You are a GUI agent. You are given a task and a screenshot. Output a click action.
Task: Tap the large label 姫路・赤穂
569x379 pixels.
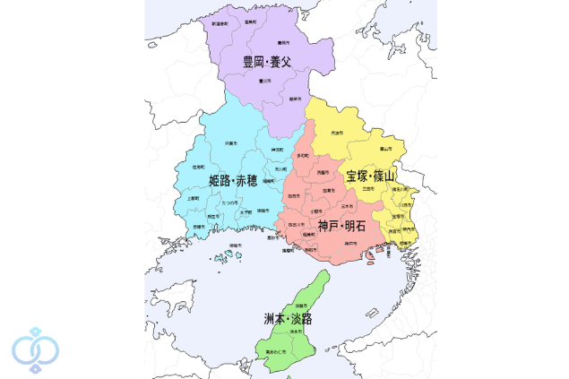tap(233, 181)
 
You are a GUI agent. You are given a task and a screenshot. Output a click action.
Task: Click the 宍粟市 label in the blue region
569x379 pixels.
tap(230, 143)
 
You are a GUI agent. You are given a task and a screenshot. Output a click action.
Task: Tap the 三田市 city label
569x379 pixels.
tap(367, 189)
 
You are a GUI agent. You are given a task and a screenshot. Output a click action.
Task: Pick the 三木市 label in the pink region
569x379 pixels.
tap(346, 207)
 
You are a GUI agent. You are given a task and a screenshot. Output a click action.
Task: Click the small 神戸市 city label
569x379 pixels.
tap(352, 243)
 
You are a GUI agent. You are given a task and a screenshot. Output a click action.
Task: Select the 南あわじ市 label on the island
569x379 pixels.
tap(276, 353)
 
